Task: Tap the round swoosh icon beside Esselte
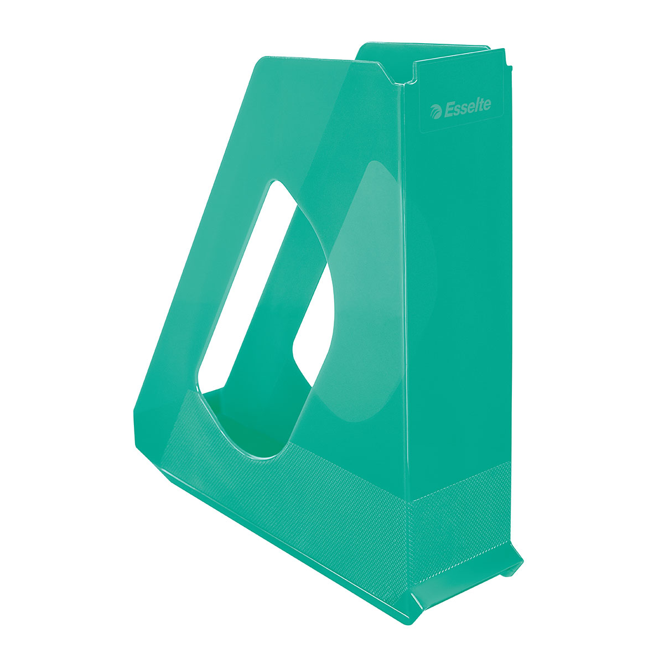436,112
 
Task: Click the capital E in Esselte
449,110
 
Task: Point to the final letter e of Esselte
486,105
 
